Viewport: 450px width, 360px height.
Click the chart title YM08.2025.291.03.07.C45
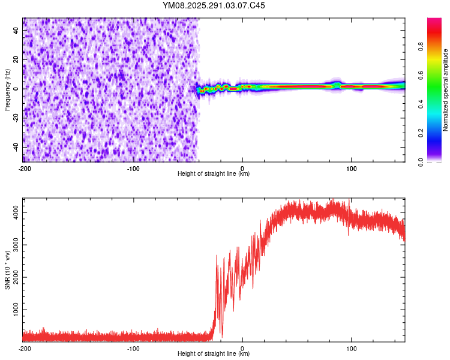tap(214, 5)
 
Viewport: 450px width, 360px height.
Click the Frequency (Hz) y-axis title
tap(7, 90)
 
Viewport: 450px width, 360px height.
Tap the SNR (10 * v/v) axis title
tap(7, 269)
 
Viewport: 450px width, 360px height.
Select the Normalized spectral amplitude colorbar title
tap(445, 90)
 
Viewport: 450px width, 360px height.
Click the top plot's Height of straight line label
tap(214, 173)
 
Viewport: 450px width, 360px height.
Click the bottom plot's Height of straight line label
tap(214, 353)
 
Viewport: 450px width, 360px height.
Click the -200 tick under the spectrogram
tap(25, 168)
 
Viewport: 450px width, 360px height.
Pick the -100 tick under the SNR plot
tap(133, 348)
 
